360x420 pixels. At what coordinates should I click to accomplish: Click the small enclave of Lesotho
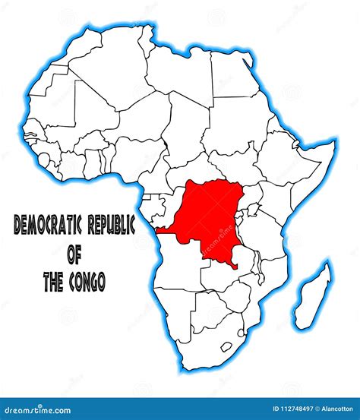click(226, 346)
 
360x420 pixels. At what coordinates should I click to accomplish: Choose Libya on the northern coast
click(178, 76)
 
